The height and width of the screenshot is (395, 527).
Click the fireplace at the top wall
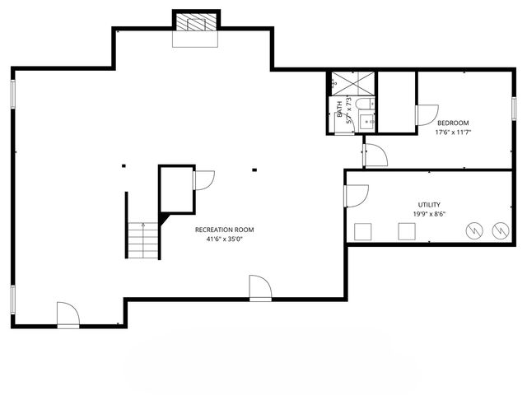coord(196,21)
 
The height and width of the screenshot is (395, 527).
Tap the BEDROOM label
coord(453,123)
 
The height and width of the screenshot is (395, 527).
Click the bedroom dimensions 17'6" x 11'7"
coord(453,132)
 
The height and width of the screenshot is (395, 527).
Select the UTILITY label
coord(429,205)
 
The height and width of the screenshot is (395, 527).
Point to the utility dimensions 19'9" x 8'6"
coord(429,214)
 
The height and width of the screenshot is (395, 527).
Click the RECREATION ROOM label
coord(224,230)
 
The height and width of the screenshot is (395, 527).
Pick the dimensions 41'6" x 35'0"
coord(224,239)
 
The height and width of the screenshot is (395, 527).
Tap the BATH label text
coord(339,109)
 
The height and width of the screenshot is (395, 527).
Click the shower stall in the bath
coord(352,83)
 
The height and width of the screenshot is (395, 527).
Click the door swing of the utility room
coord(357,195)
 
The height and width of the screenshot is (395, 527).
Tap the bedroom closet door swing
coord(427,116)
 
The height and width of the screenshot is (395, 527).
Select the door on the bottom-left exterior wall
coord(68,314)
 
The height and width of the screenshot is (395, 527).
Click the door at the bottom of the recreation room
coord(260,288)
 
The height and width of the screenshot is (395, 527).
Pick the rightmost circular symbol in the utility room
coord(499,231)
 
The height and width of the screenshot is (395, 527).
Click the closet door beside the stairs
coord(203,181)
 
